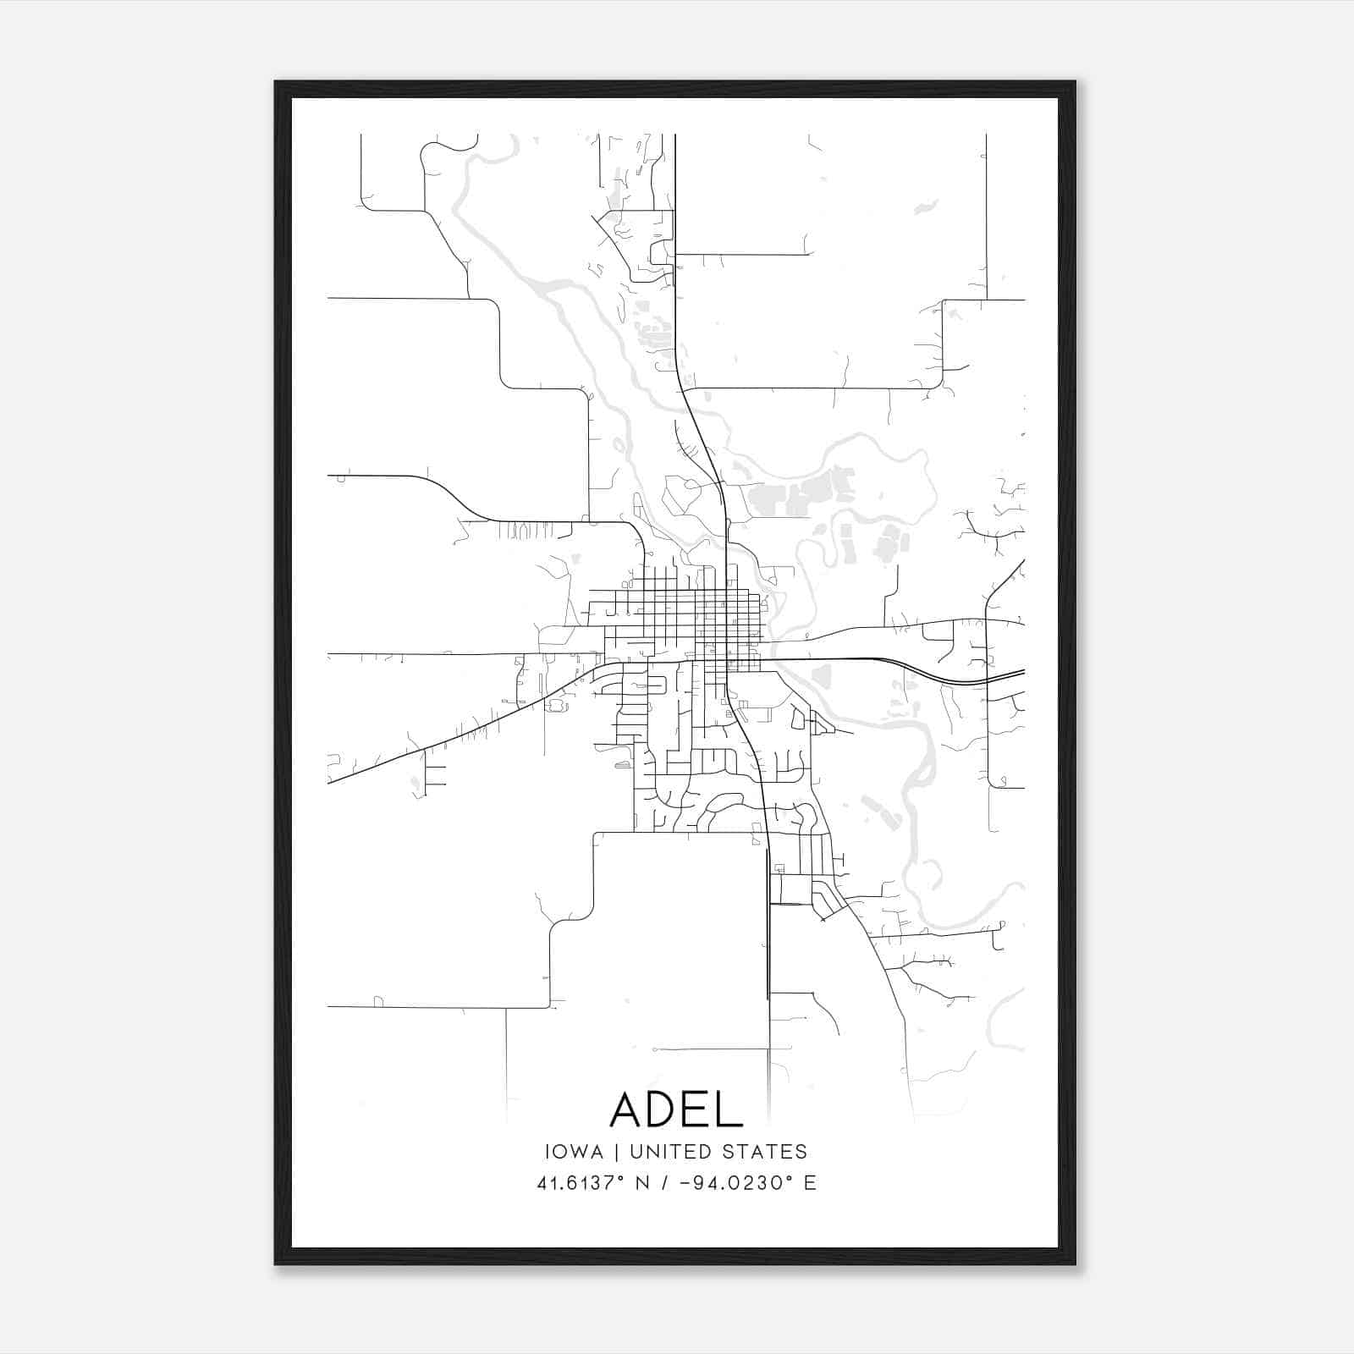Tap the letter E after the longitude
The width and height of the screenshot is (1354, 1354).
[x=810, y=1183]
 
